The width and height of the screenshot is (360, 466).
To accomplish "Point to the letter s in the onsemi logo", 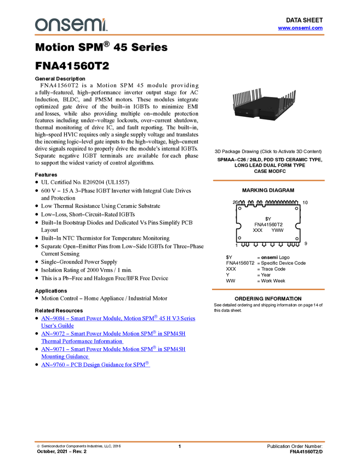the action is click(65, 25).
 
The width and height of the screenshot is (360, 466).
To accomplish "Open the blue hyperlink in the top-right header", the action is click(300, 28).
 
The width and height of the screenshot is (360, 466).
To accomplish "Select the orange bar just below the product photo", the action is click(268, 180).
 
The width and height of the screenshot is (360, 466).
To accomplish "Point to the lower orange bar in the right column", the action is click(268, 289).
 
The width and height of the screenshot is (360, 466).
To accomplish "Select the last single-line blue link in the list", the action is click(96, 364).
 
